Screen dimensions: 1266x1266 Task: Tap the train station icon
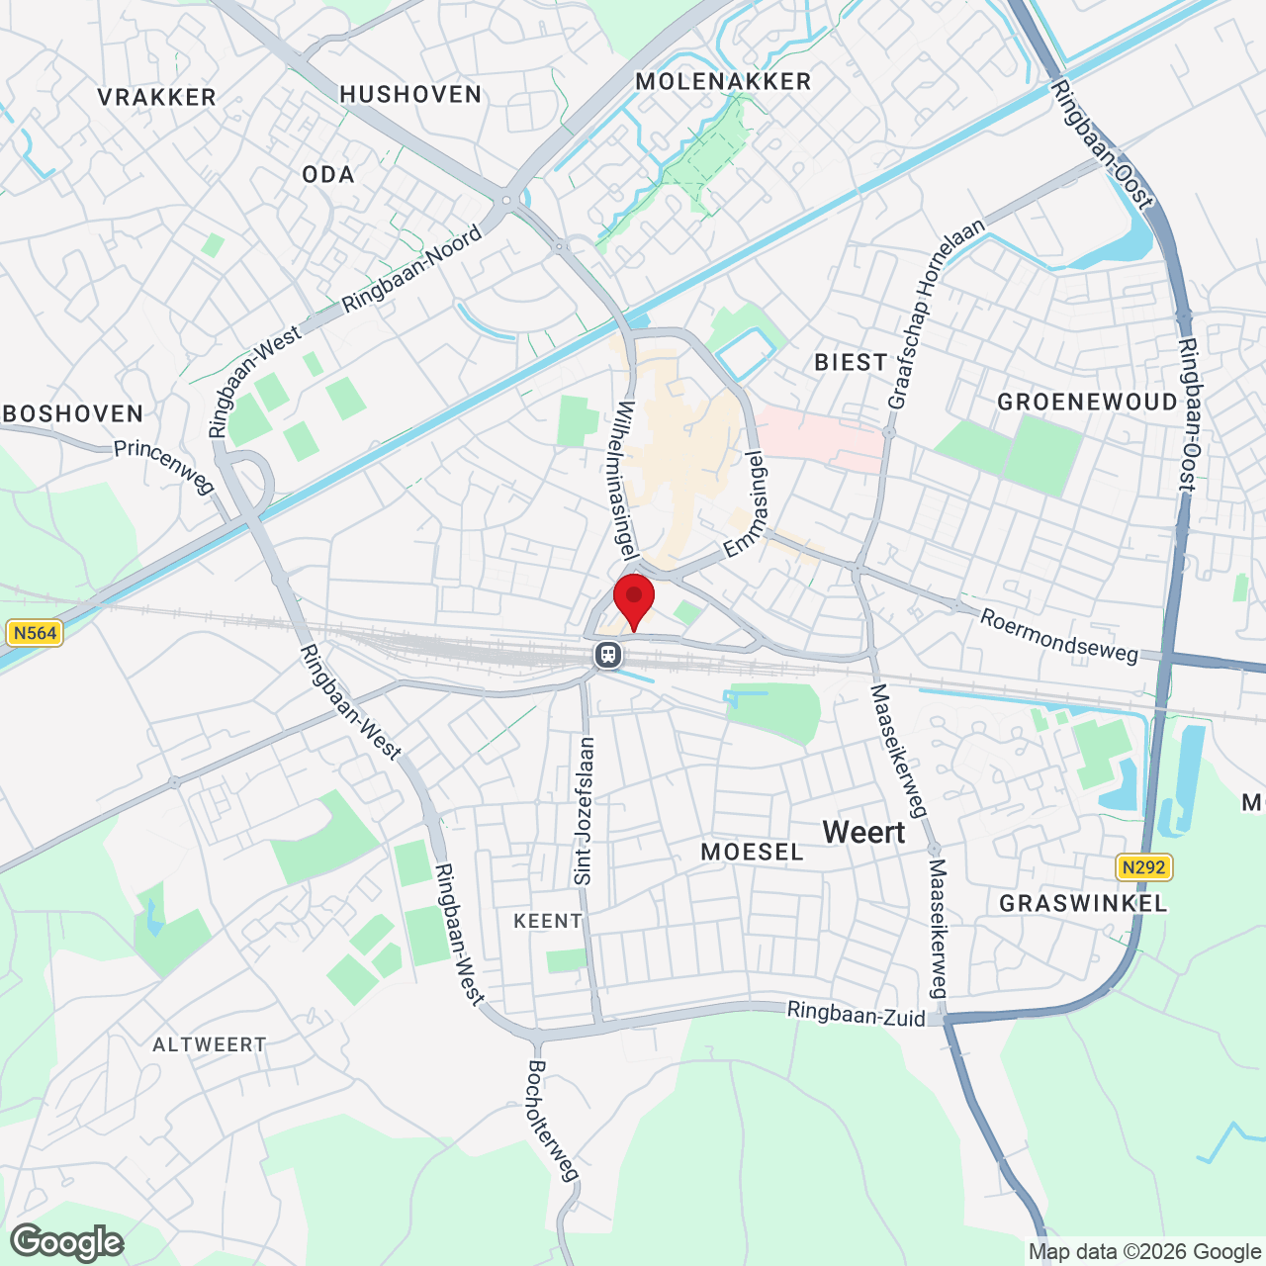[x=608, y=654]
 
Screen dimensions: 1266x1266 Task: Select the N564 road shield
[x=35, y=633]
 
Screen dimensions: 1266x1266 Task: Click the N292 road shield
[x=1143, y=867]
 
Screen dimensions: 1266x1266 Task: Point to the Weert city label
[x=863, y=833]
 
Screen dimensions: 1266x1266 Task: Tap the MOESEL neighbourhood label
[x=752, y=852]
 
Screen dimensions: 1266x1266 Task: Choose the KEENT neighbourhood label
[x=548, y=921]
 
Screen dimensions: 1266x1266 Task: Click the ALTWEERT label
[x=210, y=1044]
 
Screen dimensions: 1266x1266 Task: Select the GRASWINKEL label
[x=1083, y=903]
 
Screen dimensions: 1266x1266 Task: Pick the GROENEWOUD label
[x=1087, y=402]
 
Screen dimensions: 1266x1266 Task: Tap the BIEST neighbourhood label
[x=851, y=362]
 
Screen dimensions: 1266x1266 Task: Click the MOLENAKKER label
[x=723, y=81]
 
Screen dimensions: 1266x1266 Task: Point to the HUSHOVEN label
[x=410, y=94]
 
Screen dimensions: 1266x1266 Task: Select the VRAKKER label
[x=157, y=97]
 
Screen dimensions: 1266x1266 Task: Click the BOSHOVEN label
[x=73, y=413]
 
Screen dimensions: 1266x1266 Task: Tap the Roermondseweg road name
[x=1058, y=636]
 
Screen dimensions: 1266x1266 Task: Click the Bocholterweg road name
[x=552, y=1121]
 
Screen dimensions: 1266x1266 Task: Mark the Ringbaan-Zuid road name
[x=857, y=1014]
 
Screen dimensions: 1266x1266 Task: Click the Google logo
[x=66, y=1242]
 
